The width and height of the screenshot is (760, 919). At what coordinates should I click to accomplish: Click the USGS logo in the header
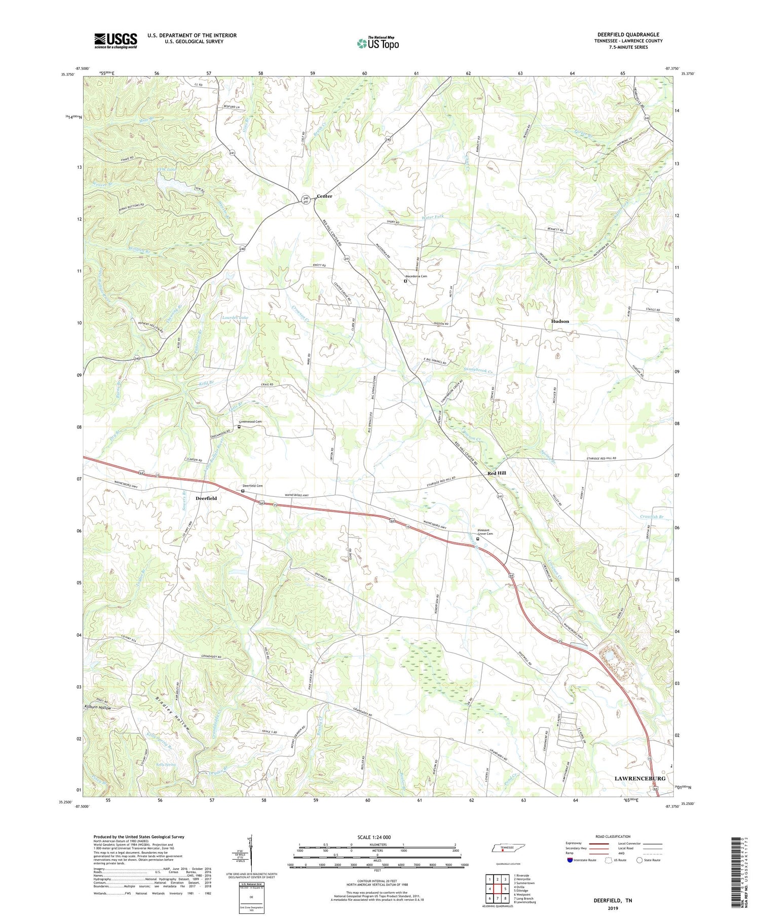click(116, 41)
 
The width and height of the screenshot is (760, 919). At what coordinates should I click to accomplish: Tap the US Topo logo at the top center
click(377, 44)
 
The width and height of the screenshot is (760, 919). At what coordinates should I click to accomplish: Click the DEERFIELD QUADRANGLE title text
click(628, 34)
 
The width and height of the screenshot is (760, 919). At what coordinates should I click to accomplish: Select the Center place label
click(324, 196)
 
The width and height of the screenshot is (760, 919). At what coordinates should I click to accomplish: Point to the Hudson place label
click(560, 321)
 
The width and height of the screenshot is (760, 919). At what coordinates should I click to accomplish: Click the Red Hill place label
click(497, 473)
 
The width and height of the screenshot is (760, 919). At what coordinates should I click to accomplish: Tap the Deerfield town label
click(206, 498)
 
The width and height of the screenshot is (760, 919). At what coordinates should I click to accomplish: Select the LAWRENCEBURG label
click(640, 778)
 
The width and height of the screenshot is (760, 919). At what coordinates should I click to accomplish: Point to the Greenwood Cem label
click(251, 422)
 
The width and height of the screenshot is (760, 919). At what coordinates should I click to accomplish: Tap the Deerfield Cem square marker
click(243, 491)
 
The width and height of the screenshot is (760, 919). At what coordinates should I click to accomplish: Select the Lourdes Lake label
click(236, 318)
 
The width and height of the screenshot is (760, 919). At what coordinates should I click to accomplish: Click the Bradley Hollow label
click(170, 709)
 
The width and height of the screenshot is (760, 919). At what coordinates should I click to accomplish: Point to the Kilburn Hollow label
click(97, 707)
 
